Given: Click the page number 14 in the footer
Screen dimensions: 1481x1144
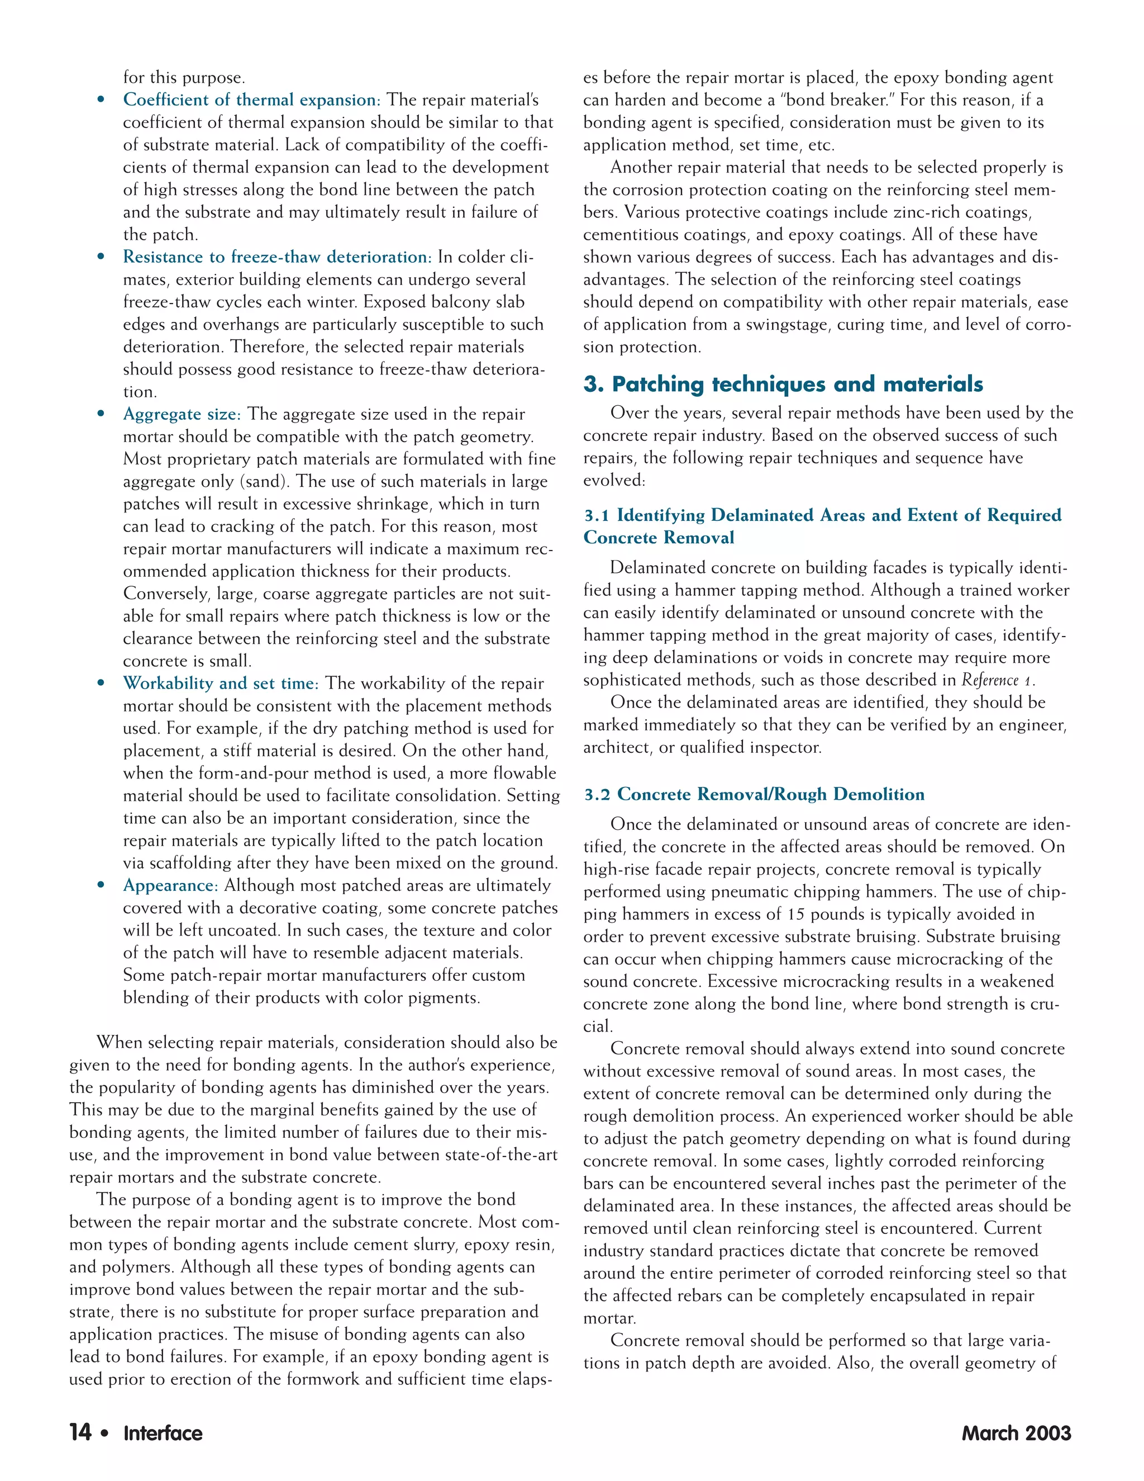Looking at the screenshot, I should pos(80,1432).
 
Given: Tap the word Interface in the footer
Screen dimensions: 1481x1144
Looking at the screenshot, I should pos(163,1433).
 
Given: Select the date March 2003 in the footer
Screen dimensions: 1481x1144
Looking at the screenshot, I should pos(1016,1433).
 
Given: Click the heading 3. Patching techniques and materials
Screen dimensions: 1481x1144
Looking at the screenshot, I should pos(783,384).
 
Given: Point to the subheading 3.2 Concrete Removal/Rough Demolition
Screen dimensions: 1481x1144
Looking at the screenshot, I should pos(754,794).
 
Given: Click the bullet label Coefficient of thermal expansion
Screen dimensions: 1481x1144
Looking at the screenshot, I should pos(251,99).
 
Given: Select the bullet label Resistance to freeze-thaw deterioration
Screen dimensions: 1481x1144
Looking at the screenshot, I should pos(277,257).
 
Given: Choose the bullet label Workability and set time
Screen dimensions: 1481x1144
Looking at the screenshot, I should pos(220,683).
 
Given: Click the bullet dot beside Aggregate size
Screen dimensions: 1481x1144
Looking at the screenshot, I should pos(101,414).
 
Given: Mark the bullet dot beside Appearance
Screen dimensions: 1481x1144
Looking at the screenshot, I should pos(101,886).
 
